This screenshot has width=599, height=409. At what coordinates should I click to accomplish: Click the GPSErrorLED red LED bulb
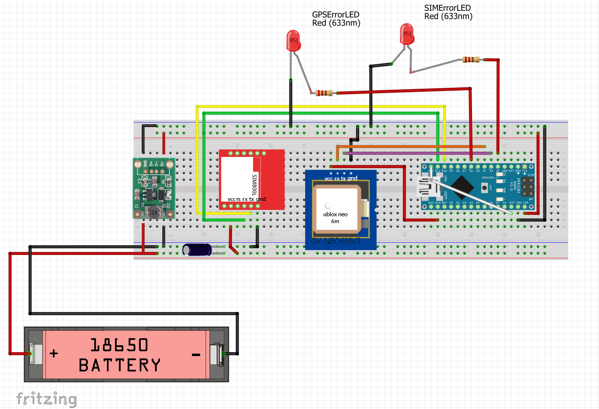tap(293, 41)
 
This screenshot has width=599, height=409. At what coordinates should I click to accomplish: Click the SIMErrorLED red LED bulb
tap(407, 34)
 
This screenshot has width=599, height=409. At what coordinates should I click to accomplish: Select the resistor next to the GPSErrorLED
tap(324, 93)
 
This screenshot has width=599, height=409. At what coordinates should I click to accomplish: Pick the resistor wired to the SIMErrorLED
tap(471, 60)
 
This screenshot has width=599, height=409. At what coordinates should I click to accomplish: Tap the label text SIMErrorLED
tap(447, 8)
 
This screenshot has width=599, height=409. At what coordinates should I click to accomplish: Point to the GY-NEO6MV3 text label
tap(336, 242)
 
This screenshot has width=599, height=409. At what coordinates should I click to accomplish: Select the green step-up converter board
tap(154, 188)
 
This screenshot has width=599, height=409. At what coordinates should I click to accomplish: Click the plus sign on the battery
tap(54, 353)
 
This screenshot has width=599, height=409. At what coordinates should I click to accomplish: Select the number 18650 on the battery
tap(119, 345)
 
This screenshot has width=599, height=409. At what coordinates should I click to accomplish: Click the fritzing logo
tap(46, 399)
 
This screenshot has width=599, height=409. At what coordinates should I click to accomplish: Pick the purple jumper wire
tap(417, 153)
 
